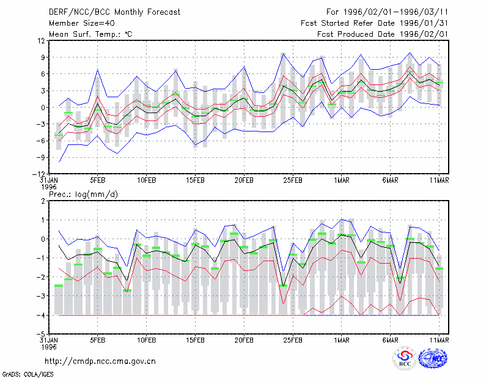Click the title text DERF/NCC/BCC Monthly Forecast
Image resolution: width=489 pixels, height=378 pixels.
click(x=114, y=12)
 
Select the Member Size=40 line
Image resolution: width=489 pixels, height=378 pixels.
click(x=82, y=23)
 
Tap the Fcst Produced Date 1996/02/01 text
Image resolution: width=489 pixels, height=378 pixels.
click(x=383, y=34)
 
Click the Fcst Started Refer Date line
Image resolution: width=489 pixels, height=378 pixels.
click(x=374, y=23)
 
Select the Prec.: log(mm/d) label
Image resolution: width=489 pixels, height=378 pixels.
click(x=83, y=195)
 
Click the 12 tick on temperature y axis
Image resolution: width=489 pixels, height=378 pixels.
click(x=42, y=40)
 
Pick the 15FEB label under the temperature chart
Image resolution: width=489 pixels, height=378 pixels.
click(x=195, y=180)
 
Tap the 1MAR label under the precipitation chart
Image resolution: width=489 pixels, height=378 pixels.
click(x=342, y=340)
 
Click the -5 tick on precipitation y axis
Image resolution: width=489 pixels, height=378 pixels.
click(x=40, y=335)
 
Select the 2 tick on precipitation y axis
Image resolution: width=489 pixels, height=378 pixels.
click(x=43, y=201)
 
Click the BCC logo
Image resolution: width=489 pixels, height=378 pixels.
click(x=405, y=358)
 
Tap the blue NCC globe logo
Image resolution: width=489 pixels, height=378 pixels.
click(x=433, y=358)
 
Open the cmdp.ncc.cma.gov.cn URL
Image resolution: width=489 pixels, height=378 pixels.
click(x=100, y=361)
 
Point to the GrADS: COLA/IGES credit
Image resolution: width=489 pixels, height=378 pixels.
click(x=28, y=374)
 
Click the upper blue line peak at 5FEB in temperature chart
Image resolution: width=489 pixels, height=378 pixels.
click(x=98, y=69)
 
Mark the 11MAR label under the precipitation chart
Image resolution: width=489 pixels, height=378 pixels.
click(x=439, y=340)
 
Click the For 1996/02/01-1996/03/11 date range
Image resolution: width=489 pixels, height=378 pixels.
click(x=387, y=12)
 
